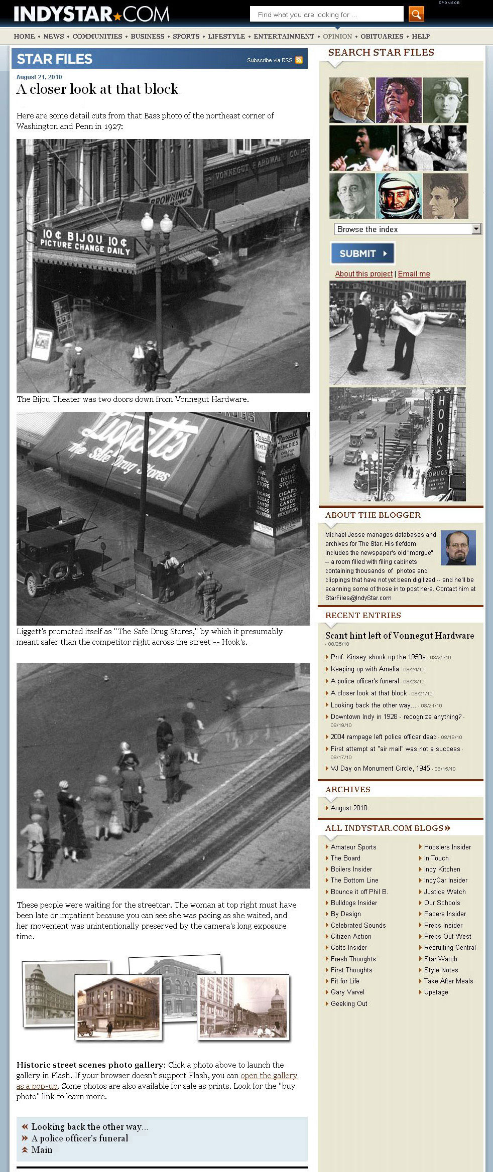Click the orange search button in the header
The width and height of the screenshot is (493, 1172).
point(416,14)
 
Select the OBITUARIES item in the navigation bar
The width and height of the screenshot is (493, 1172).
point(382,36)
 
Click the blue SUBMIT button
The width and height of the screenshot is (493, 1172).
point(362,253)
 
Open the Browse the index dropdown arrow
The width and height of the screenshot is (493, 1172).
point(476,229)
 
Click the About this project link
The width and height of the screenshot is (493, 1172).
point(363,273)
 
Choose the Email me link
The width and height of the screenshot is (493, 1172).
point(414,273)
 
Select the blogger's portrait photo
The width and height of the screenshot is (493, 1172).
point(458,548)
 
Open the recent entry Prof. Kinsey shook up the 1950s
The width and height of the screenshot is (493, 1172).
point(378,657)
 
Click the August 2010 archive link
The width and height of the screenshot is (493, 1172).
point(349,808)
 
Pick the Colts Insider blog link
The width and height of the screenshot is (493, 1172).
point(349,947)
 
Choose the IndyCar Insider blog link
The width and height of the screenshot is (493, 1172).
point(445,880)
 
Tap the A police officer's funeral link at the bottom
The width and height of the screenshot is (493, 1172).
point(80,1138)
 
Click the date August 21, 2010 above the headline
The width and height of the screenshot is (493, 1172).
point(39,77)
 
